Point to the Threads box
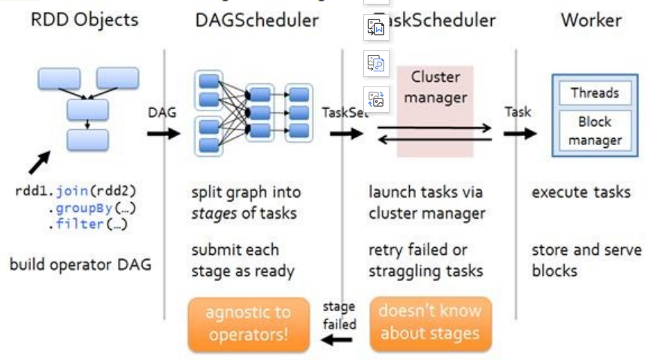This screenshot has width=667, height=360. point(594,93)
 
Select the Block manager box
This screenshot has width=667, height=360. point(594,131)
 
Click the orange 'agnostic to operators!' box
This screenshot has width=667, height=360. point(248,324)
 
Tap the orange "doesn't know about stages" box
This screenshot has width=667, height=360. point(430,323)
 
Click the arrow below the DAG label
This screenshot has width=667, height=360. point(163,134)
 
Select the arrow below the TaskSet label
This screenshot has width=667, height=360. point(345,134)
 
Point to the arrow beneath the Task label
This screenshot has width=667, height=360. point(520,134)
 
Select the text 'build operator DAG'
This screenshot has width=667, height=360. point(80,265)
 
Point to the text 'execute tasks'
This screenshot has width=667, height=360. point(581,192)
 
